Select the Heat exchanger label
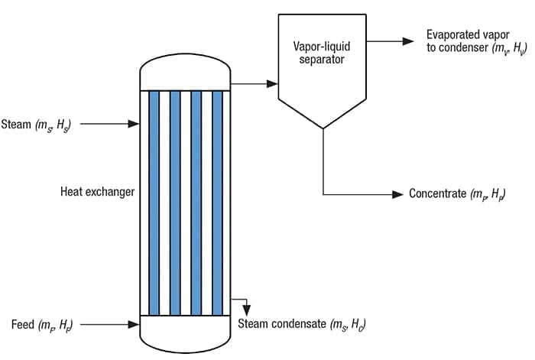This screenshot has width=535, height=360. click(97, 192)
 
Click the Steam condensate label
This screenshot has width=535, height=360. click(301, 324)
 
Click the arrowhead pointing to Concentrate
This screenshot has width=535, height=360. click(397, 194)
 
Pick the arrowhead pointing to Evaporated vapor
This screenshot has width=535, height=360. click(410, 39)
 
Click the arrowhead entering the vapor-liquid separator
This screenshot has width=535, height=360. click(271, 81)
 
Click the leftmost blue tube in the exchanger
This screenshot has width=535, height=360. click(154, 203)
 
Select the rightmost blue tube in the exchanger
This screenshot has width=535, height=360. click(217, 203)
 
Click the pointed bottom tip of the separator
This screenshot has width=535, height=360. click(324, 128)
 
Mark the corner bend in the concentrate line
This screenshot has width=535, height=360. click(324, 194)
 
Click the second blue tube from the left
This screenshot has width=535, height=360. click(175, 203)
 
